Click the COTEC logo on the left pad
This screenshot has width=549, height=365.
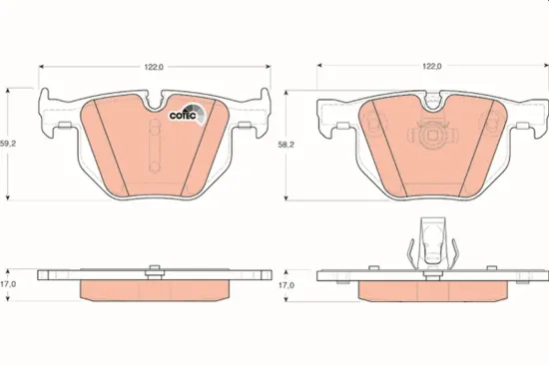click(x=188, y=114)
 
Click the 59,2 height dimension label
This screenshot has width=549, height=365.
click(x=7, y=144)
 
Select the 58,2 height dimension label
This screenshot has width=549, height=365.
click(x=285, y=145)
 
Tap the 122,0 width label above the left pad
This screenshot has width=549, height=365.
click(x=154, y=67)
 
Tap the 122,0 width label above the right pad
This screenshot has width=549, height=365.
click(x=431, y=66)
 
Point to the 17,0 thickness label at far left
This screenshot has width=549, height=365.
click(x=8, y=284)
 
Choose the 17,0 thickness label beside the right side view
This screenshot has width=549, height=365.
click(x=286, y=285)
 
